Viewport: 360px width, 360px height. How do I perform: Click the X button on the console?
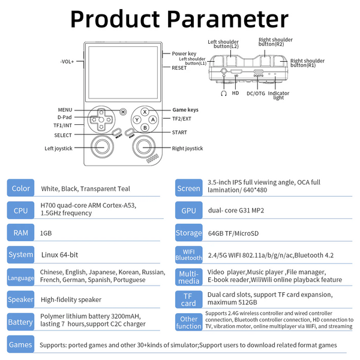click(145, 112)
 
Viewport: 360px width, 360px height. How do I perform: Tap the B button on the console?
click(145, 127)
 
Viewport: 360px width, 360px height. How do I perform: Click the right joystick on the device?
click(144, 147)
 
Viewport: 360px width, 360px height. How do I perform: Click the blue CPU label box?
click(20, 210)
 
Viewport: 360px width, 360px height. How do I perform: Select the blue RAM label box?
click(20, 232)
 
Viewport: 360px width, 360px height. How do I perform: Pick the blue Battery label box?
click(20, 322)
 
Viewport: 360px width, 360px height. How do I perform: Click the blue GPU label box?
click(188, 211)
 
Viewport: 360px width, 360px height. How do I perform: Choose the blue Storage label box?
click(188, 233)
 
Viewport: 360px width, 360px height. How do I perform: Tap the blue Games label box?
click(20, 344)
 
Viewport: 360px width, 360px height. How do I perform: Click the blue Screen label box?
click(188, 188)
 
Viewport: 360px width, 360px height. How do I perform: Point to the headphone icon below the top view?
click(223, 93)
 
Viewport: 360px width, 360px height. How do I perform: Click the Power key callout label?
click(184, 53)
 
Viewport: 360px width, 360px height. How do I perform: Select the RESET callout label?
click(179, 68)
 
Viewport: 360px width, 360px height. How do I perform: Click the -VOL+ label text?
click(67, 61)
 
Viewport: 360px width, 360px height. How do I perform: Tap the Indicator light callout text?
click(278, 95)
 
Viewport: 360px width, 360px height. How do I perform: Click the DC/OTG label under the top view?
click(256, 93)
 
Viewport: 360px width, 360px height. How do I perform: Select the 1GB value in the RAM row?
click(46, 232)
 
